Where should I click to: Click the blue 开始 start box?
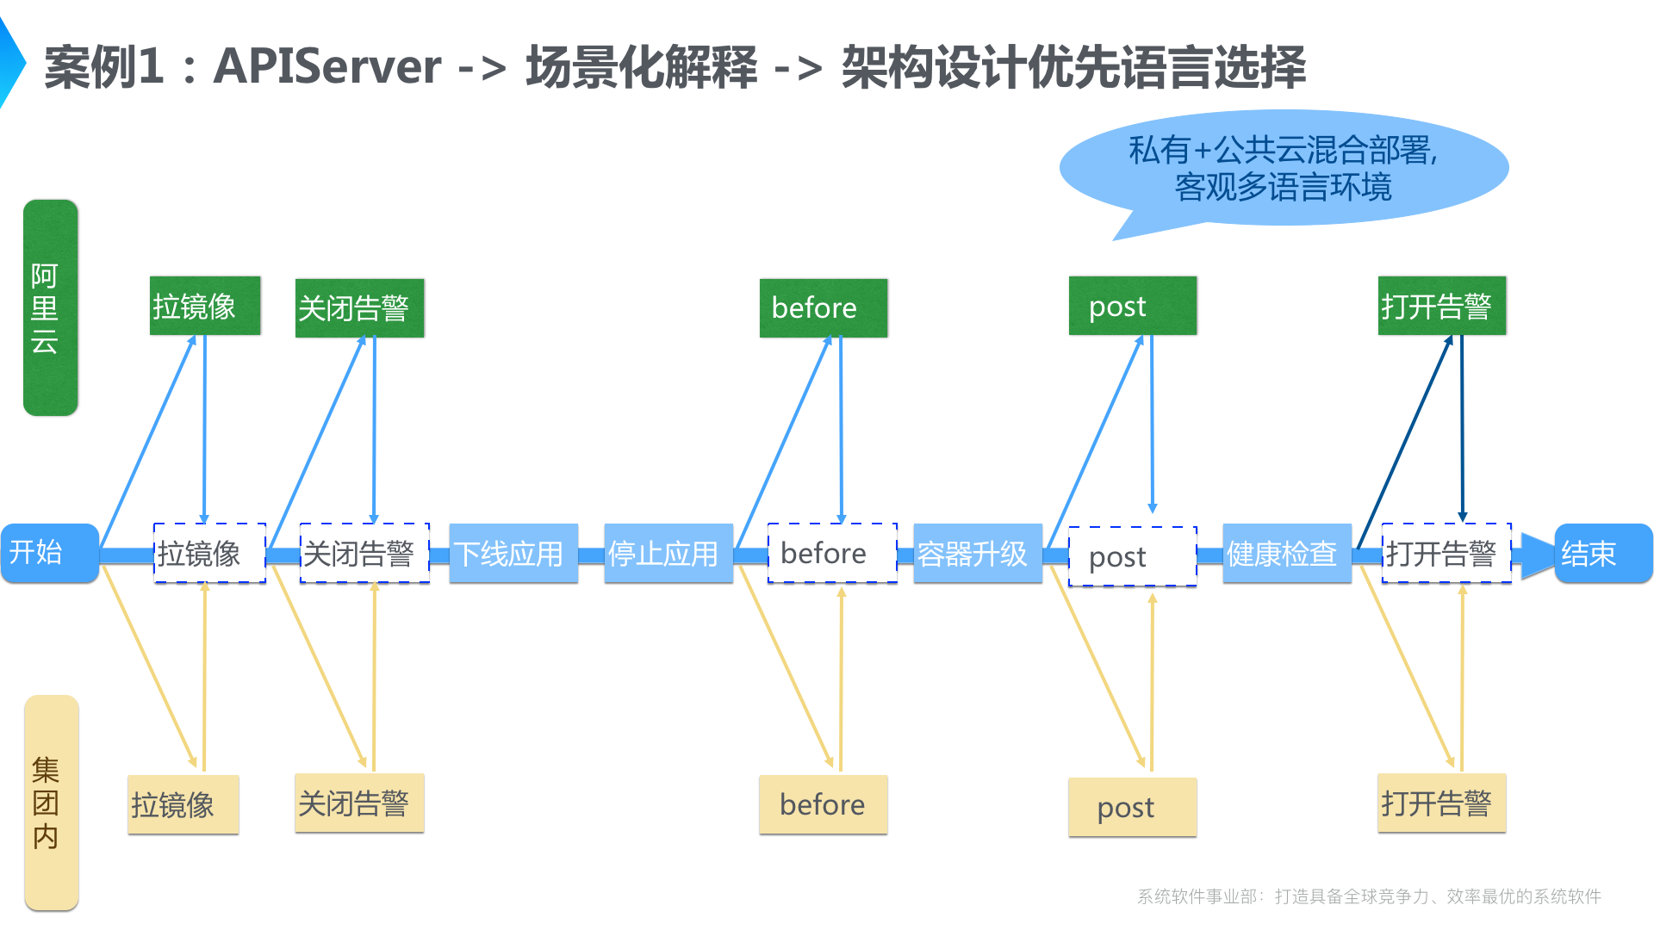(x=49, y=553)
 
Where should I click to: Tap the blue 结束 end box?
(x=1602, y=553)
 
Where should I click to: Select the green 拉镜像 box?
(x=205, y=306)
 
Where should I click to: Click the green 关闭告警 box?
(x=359, y=307)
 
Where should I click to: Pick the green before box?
(x=823, y=307)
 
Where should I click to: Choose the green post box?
(x=1132, y=306)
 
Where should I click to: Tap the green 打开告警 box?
(x=1441, y=306)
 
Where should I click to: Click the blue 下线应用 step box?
(x=513, y=553)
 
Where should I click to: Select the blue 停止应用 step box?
(x=668, y=553)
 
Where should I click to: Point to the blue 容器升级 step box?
(x=977, y=553)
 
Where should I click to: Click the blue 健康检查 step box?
(x=1286, y=553)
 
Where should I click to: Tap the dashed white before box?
(x=831, y=553)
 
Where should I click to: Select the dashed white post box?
(x=1132, y=556)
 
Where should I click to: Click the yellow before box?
(x=823, y=804)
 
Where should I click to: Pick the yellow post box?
(x=1132, y=807)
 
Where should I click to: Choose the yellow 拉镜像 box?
(x=183, y=804)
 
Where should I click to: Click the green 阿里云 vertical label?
(x=50, y=307)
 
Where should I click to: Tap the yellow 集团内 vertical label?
(x=51, y=802)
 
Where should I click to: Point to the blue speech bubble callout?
(x=1283, y=168)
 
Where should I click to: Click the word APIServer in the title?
(x=326, y=66)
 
